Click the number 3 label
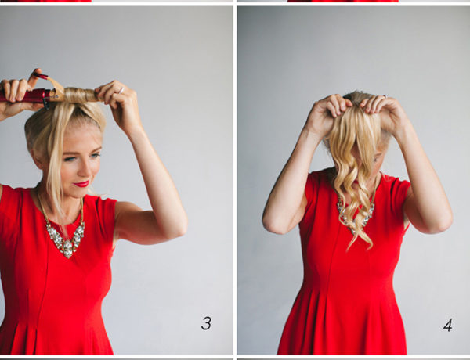click(x=206, y=323)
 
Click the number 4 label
click(x=448, y=326)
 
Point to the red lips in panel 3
click(x=81, y=184)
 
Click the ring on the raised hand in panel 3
click(x=121, y=90)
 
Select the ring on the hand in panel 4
click(x=385, y=97)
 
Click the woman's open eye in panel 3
click(x=70, y=159)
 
